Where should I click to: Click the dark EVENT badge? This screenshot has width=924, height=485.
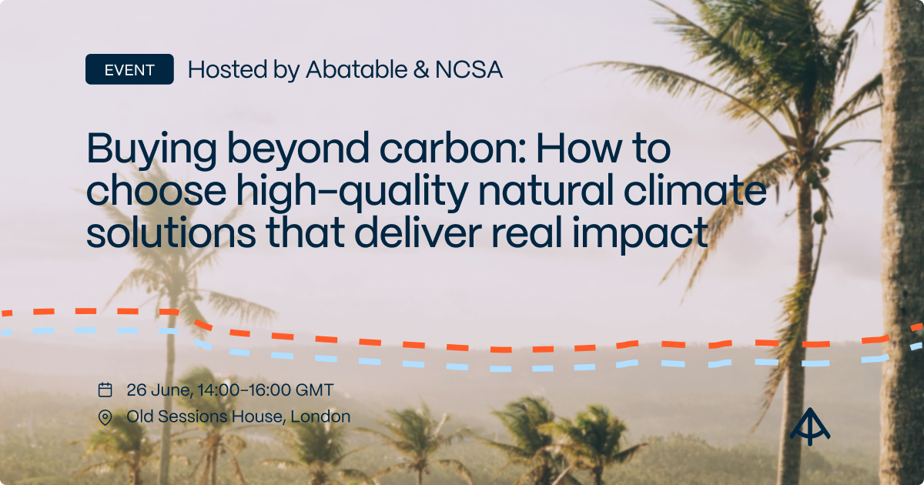pos(129,69)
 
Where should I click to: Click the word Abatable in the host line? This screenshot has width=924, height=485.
pos(355,70)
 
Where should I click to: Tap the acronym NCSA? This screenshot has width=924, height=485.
pos(468,70)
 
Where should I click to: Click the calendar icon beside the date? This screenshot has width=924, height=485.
pos(105,390)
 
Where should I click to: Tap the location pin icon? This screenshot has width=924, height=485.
pos(105,417)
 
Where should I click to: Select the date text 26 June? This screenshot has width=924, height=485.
pos(159,390)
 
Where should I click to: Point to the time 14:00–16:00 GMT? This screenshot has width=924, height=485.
pos(266,390)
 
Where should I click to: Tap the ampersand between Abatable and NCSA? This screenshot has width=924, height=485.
pos(420,70)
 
